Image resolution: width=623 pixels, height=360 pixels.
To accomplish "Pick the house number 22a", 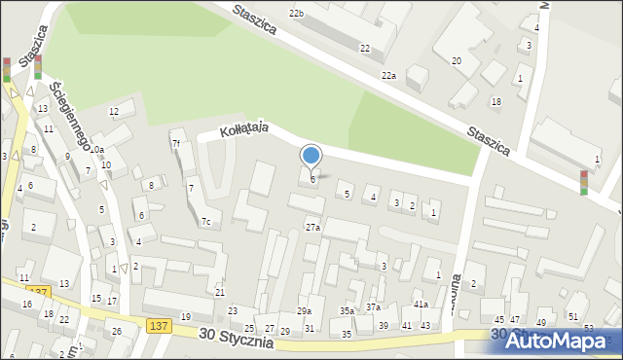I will coord(389,75).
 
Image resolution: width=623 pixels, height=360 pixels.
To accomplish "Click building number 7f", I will coord(176,144).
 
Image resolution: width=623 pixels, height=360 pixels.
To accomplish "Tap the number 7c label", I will coord(205,221).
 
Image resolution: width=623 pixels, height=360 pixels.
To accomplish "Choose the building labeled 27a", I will coord(311,227).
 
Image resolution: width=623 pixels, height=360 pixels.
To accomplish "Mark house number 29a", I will coord(304,310).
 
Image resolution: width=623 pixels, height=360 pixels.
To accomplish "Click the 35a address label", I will coord(347,310).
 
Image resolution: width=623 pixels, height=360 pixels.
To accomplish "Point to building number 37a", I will coord(373,307).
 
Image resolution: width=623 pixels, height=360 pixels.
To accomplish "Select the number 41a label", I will coord(420,305).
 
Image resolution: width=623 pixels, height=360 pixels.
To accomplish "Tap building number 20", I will coord(456,61).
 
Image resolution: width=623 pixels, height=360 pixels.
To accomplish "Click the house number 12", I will coord(114,112).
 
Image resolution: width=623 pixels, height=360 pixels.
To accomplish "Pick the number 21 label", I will coord(220,292).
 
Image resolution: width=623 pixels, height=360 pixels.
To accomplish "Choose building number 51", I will coord(573,317).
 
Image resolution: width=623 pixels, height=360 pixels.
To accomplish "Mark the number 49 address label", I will coord(541,322).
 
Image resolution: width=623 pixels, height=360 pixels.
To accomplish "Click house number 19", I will coord(185,317).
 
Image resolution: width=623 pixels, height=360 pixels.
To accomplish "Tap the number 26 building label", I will coord(117,331).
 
